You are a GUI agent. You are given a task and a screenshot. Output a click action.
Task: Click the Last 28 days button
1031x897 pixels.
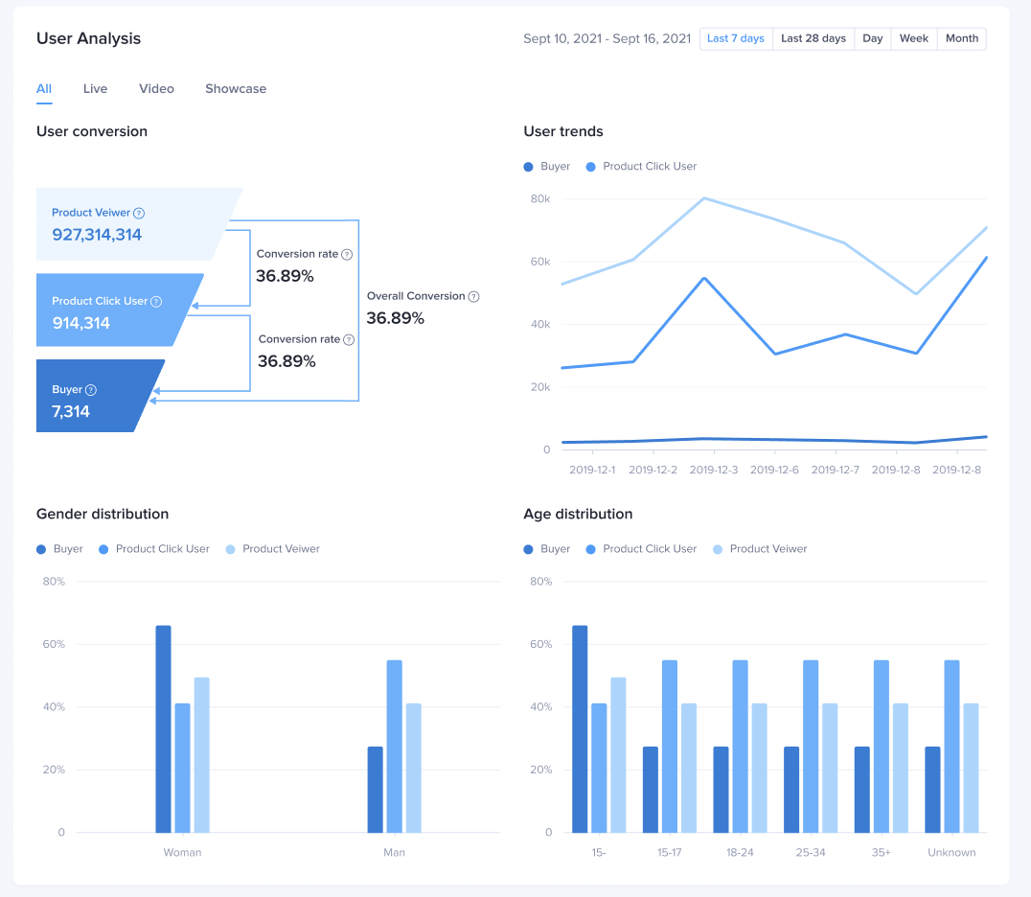point(813,39)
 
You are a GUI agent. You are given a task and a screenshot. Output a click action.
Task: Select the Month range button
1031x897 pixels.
point(961,39)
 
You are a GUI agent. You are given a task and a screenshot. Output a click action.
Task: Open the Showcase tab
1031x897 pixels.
point(236,89)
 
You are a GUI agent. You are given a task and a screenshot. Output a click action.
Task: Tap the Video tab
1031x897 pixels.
point(156,89)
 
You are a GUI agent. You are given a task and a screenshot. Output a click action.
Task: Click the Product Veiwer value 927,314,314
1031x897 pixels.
point(97,235)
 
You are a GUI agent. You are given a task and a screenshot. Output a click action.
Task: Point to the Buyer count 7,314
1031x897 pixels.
point(71,412)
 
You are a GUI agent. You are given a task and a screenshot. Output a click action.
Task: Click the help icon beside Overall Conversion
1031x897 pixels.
point(473,297)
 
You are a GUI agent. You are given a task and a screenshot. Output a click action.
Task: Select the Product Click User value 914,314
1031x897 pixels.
point(81,323)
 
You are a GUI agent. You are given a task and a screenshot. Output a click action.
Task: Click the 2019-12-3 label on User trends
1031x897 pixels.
point(714,471)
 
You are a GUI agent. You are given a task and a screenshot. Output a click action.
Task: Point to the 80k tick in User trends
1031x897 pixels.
point(540,199)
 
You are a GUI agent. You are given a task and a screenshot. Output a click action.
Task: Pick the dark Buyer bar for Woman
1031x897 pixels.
point(164,728)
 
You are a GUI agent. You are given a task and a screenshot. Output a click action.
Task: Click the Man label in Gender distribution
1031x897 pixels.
point(394,853)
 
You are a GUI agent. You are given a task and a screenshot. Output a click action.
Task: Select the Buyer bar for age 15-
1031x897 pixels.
point(580,728)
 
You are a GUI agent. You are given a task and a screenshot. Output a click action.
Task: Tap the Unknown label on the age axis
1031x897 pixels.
point(951,853)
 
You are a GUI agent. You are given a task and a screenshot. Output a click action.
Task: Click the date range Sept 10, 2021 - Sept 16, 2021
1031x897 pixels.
point(607,39)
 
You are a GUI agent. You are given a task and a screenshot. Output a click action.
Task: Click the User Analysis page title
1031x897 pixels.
point(88,39)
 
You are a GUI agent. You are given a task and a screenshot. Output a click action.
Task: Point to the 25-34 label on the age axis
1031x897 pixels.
point(810,853)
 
